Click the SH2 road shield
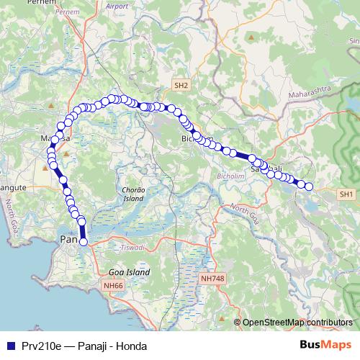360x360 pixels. pos(181,85)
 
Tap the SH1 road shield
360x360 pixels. pos(346,194)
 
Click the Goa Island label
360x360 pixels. pos(129,273)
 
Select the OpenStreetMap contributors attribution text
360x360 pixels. pos(297,322)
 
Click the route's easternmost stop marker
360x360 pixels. pos(309,186)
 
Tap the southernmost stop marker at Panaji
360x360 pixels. pos(83,242)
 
